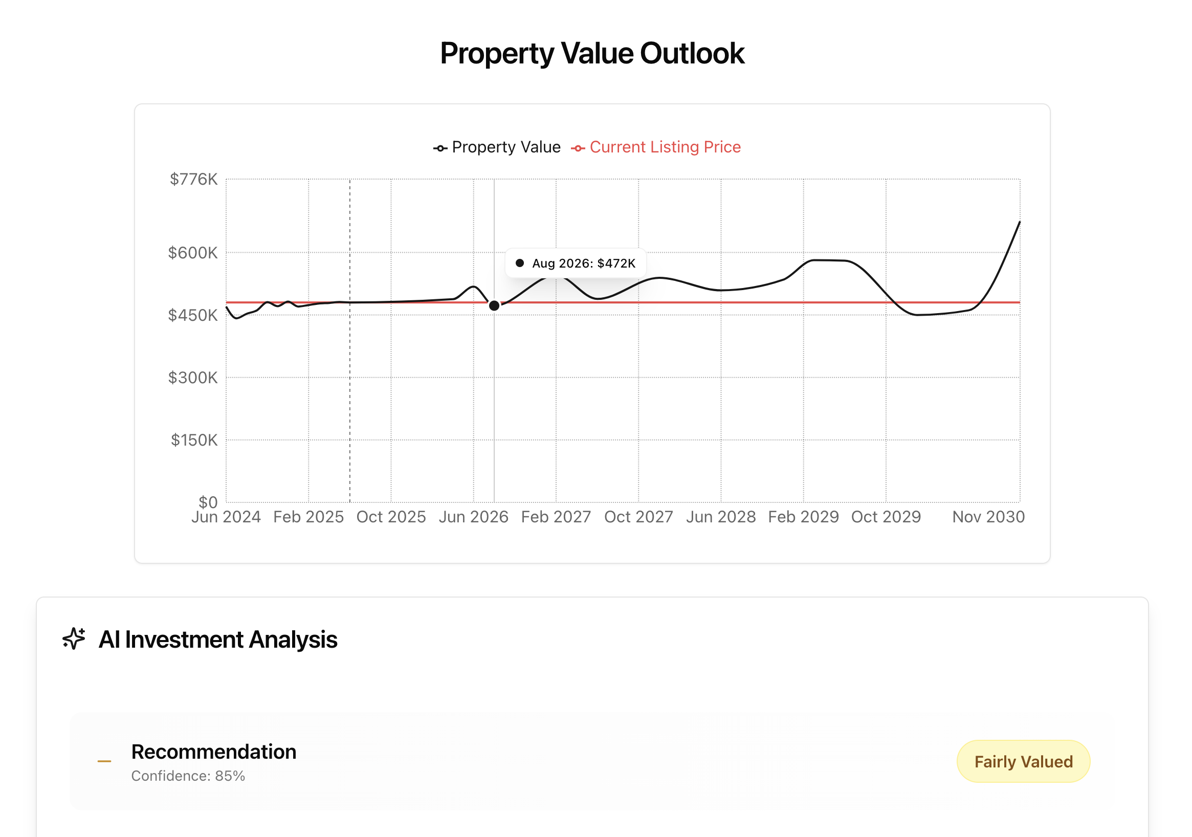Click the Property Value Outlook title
[592, 53]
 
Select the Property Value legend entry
[497, 147]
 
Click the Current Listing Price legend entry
[656, 147]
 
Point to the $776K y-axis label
[194, 180]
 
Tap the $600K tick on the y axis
[192, 253]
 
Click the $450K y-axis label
[192, 315]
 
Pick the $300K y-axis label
[192, 378]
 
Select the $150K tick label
[194, 440]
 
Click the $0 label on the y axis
[208, 501]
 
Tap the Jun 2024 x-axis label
[226, 517]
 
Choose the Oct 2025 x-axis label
[391, 517]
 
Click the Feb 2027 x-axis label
[556, 517]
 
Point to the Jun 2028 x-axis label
[721, 517]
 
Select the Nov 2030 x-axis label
[988, 517]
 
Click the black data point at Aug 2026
[494, 306]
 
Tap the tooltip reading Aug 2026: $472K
[576, 263]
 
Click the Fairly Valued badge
[1023, 762]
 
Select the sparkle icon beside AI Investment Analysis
[74, 638]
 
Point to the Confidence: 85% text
[188, 776]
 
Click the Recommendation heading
[213, 752]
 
